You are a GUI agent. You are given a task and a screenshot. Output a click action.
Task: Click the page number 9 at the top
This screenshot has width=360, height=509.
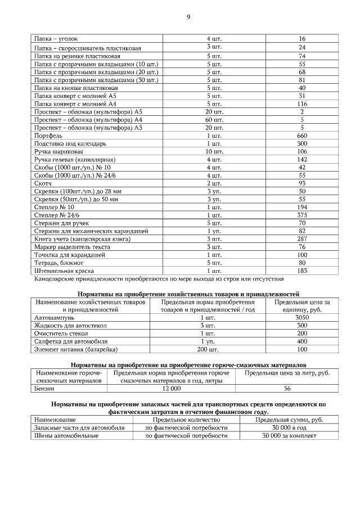point(188,17)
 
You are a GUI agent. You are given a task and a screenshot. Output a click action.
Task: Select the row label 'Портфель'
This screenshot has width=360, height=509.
point(48,136)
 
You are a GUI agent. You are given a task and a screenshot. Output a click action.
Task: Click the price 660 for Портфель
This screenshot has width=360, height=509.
point(302,136)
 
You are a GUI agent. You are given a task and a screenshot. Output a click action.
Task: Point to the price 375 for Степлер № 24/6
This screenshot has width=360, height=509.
point(302,215)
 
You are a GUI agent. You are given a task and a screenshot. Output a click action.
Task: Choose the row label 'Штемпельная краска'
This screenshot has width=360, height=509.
point(64,271)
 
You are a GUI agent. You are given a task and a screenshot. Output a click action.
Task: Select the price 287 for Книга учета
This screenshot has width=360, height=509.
point(302,238)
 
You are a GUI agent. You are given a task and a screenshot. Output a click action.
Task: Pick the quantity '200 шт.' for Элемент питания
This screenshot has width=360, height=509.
point(208,349)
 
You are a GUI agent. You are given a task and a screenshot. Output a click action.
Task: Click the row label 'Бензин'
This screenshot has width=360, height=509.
point(44,389)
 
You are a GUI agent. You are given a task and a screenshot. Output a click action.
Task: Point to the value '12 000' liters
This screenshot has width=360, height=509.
point(172,389)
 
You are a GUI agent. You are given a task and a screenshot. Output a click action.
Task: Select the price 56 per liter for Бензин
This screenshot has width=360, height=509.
point(287,389)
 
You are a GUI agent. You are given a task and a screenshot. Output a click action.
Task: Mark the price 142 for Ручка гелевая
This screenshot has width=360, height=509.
point(302,160)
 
